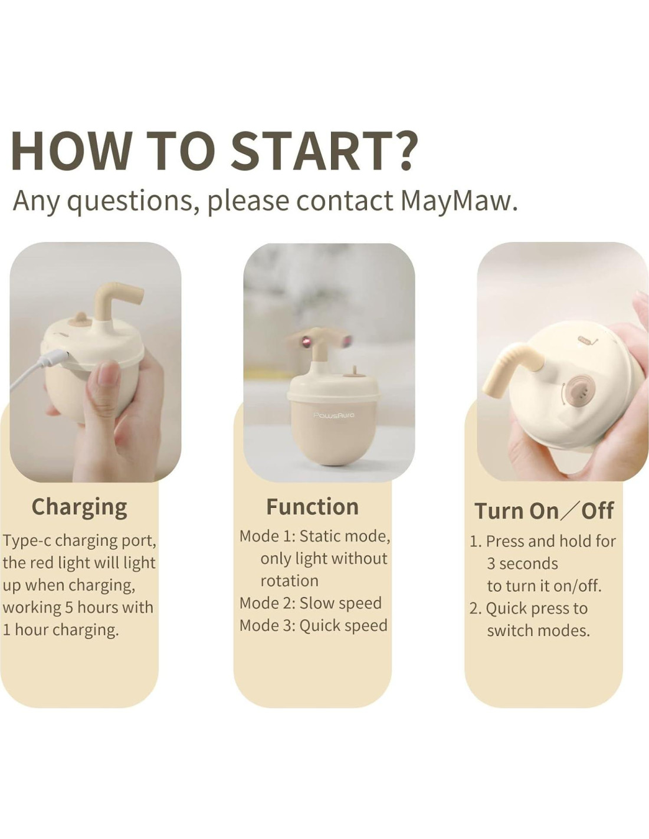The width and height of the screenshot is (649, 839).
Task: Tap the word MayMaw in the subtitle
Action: [x=458, y=202]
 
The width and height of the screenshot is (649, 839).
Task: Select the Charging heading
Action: [x=79, y=508]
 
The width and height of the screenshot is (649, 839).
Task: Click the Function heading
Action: [x=312, y=507]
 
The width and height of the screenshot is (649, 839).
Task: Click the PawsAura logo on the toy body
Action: [x=334, y=415]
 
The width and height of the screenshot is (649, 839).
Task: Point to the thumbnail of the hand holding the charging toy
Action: [x=96, y=362]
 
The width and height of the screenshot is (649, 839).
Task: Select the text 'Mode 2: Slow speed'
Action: [x=310, y=603]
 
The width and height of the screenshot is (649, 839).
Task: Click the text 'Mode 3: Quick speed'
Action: [x=313, y=625]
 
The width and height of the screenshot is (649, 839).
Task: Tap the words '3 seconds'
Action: [x=522, y=563]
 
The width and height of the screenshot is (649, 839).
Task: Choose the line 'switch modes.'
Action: [x=538, y=631]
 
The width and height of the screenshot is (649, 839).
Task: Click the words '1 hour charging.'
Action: [x=61, y=630]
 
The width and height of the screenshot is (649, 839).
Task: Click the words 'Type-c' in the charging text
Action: [x=27, y=541]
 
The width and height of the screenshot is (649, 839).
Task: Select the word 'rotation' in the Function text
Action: [x=289, y=581]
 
